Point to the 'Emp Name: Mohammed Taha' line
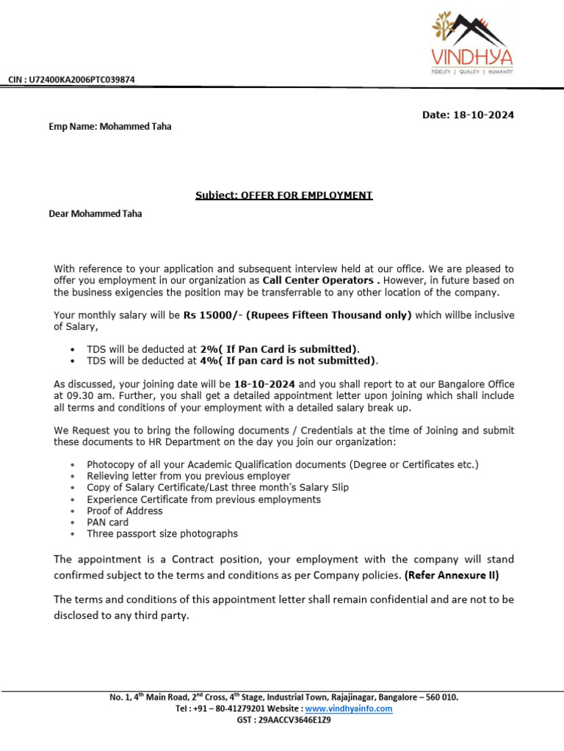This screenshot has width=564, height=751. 110,126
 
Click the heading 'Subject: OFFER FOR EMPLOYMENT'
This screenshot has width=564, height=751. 283,195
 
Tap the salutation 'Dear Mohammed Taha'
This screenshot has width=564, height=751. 95,214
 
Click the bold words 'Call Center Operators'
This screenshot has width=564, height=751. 317,280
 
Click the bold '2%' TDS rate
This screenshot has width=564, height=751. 209,349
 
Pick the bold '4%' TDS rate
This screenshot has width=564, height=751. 209,360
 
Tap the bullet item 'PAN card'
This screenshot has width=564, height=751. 107,522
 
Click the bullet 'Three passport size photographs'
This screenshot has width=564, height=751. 162,534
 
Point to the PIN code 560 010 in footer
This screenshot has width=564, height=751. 441,697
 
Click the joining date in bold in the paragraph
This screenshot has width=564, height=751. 264,384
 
